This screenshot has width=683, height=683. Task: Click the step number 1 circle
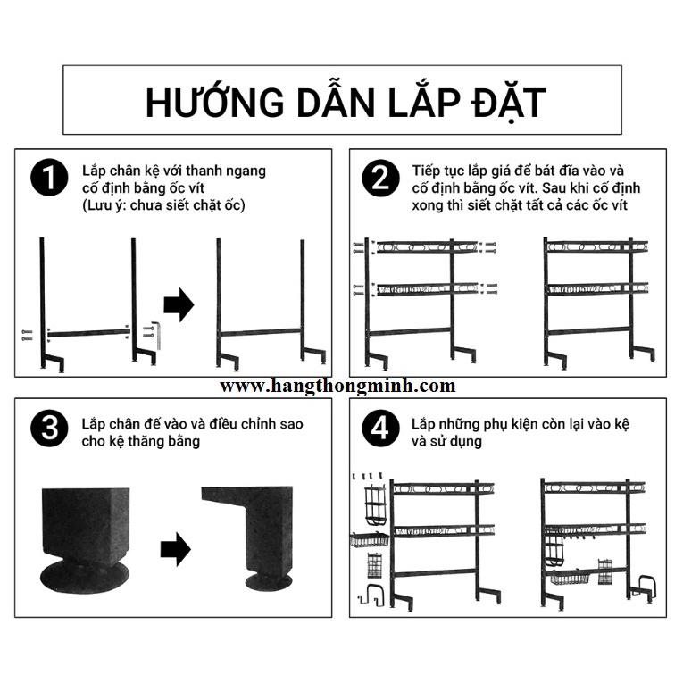[x=49, y=178]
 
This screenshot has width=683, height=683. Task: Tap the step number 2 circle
[x=380, y=178]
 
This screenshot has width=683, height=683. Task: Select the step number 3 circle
[x=49, y=429]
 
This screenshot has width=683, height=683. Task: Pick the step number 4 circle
[x=380, y=429]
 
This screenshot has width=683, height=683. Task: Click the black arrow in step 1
[x=179, y=304]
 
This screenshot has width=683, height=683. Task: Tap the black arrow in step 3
[x=176, y=549]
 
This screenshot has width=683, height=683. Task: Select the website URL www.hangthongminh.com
[x=337, y=386]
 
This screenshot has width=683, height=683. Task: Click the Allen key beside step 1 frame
[x=158, y=335]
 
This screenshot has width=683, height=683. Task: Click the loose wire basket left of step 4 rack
[x=370, y=540]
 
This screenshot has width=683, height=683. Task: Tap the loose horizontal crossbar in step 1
[x=89, y=334]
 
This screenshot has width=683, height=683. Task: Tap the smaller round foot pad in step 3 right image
[x=269, y=582]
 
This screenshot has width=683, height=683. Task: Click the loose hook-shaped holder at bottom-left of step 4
[x=371, y=595]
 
